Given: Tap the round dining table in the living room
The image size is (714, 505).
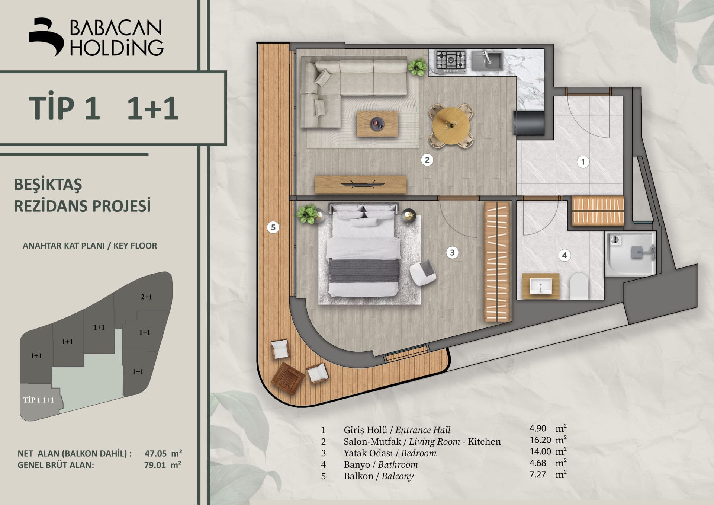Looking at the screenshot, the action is click(451, 126).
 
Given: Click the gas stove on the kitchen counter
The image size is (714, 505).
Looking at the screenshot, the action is click(451, 61).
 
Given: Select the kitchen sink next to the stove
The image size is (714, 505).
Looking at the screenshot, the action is click(487, 61).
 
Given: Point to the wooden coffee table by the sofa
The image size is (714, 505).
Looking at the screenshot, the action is click(377, 124).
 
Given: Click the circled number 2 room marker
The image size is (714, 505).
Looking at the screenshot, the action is click(427, 160).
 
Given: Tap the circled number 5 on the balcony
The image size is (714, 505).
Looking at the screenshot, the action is click(273, 227).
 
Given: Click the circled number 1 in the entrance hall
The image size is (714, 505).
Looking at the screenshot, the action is click(583, 162).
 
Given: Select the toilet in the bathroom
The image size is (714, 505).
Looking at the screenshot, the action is click(579, 286).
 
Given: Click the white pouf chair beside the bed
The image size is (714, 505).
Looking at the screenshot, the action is click(423, 273).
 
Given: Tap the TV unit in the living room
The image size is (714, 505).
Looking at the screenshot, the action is click(360, 184).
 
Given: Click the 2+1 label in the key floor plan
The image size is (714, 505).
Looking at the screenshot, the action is click(146, 297).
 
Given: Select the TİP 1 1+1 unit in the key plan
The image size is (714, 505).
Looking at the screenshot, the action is click(39, 400).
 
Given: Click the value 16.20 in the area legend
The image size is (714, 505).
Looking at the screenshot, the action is click(540, 440).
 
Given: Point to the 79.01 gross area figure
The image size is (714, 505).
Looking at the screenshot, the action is click(155, 465).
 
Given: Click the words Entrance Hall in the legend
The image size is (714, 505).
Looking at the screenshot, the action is click(423, 430).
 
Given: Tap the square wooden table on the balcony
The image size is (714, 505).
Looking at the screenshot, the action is click(288, 378).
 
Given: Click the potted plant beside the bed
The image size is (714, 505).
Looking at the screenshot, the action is click(307, 214).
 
